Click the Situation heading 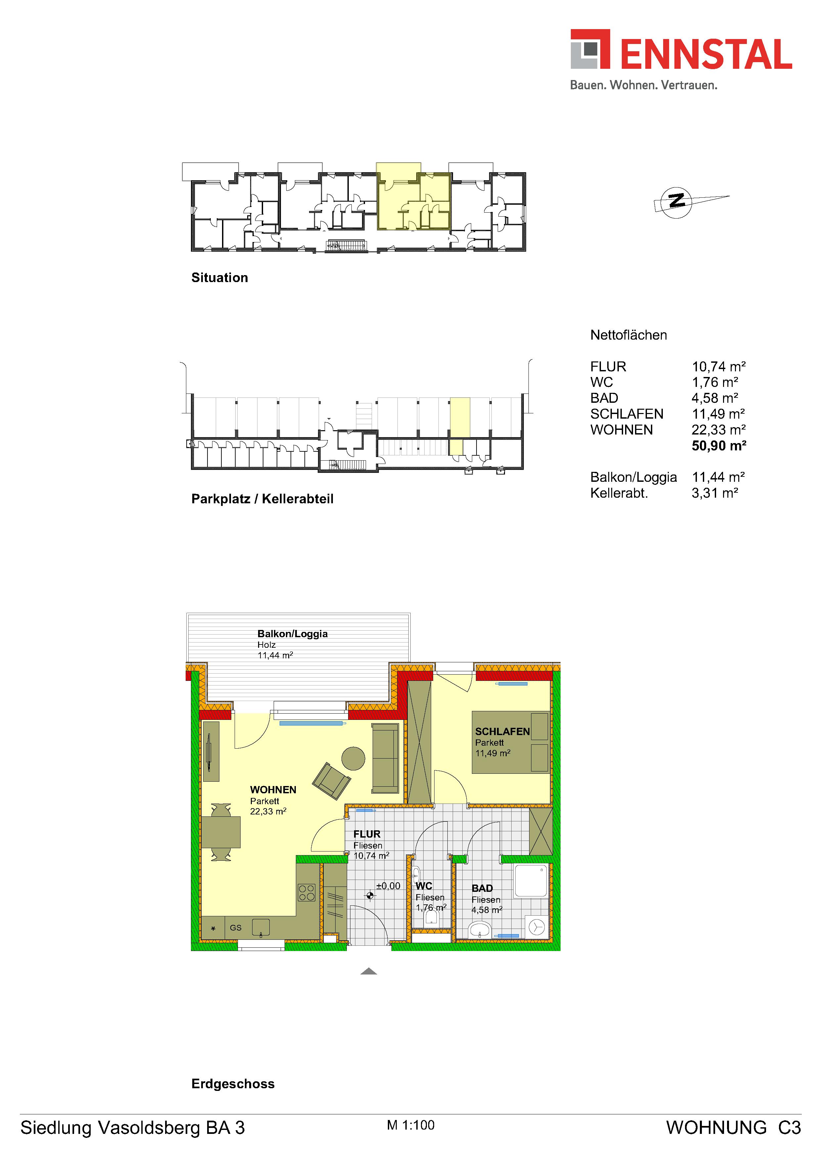pos(219,278)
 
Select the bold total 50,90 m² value pos(719,446)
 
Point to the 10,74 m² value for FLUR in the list pos(718,366)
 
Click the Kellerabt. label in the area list pos(619,493)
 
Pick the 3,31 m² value pos(714,493)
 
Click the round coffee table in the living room pos(353,758)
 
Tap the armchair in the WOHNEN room pos(331,781)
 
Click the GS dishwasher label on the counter pos(236,928)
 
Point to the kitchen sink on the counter pos(260,927)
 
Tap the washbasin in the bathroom pos(480,929)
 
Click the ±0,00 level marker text pos(388,886)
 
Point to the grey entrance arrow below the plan pos(369,971)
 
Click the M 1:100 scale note pos(410,1125)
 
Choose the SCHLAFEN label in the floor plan pos(502,731)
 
